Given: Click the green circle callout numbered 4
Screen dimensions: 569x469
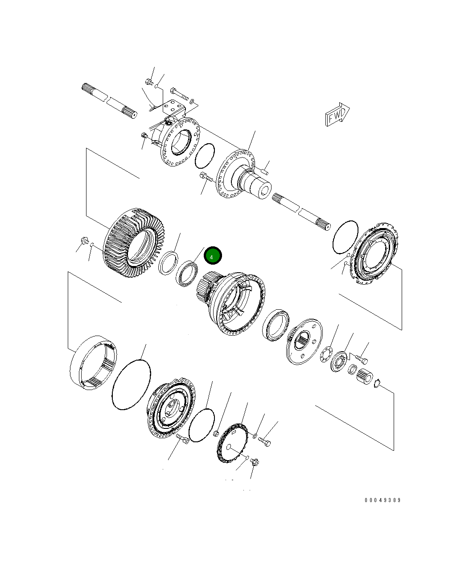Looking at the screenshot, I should pyautogui.click(x=212, y=256).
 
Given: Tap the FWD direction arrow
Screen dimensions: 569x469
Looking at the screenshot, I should pyautogui.click(x=337, y=115).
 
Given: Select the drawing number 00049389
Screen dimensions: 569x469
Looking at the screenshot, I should pyautogui.click(x=383, y=500).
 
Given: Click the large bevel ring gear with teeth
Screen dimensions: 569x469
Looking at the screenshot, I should pyautogui.click(x=134, y=243).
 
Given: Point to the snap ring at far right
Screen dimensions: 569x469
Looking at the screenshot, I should pyautogui.click(x=377, y=383).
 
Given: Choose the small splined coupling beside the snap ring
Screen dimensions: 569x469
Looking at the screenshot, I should pyautogui.click(x=365, y=376).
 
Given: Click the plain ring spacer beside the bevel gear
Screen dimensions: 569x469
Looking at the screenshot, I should pyautogui.click(x=169, y=262).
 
